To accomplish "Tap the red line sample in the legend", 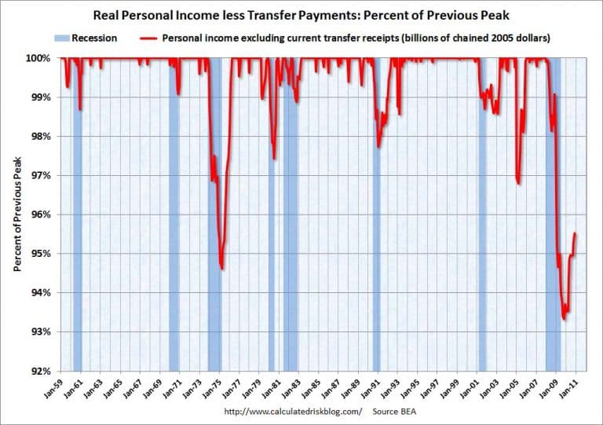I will (x=148, y=38).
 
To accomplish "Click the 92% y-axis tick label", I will (x=41, y=371).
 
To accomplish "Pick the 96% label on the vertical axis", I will (x=41, y=214).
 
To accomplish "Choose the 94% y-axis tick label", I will (x=41, y=292).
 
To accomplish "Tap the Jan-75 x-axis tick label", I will (x=217, y=387).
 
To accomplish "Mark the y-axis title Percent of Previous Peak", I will (x=16, y=214).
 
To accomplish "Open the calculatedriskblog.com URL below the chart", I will (x=293, y=411).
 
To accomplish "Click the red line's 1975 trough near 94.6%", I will (x=222, y=269).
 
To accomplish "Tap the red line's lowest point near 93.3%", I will (x=565, y=320).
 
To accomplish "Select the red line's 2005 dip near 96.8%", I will (x=519, y=184).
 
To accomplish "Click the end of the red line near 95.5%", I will (x=576, y=233).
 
